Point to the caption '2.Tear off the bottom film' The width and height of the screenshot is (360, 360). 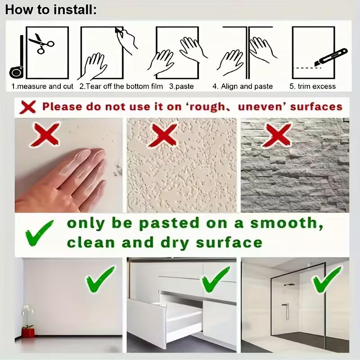(121, 86)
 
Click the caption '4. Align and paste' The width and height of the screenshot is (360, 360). (243, 86)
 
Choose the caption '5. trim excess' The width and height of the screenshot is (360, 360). (313, 86)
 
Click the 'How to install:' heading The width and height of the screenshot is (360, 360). (51, 9)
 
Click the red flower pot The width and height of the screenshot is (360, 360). (28, 333)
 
